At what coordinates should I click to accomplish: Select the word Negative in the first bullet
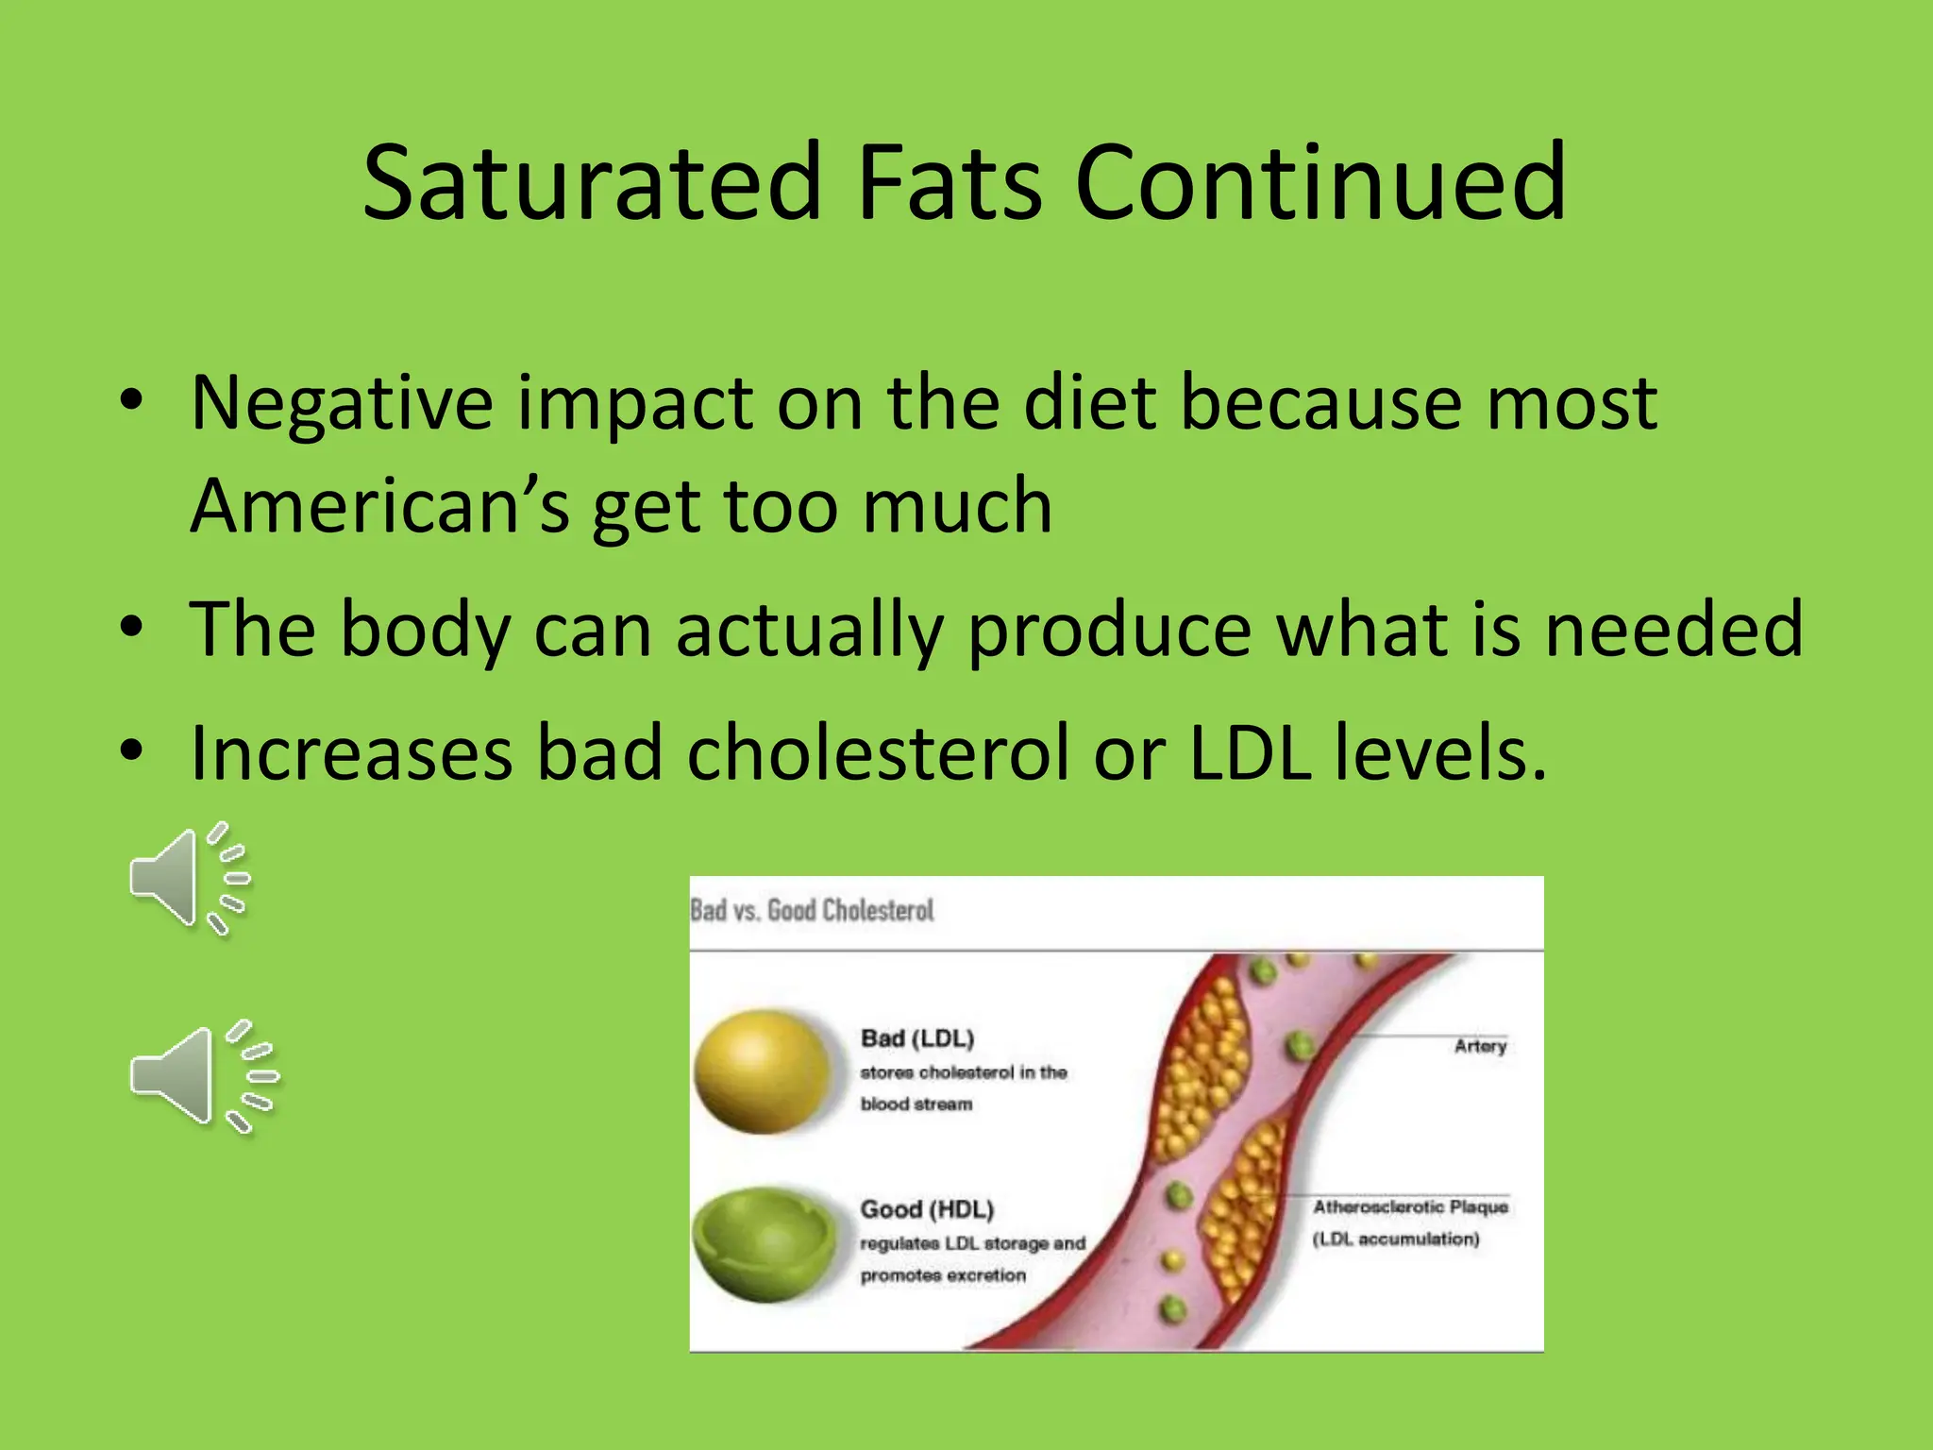click(x=342, y=404)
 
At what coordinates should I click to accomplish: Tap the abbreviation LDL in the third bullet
click(x=1249, y=753)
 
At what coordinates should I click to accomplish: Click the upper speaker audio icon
click(x=188, y=878)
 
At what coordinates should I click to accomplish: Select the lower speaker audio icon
click(x=202, y=1076)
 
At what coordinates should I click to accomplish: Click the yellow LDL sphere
click(x=763, y=1071)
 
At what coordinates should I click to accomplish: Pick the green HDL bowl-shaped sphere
click(x=765, y=1243)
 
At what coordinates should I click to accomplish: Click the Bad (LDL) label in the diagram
click(x=916, y=1038)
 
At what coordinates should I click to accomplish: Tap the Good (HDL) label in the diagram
click(x=926, y=1209)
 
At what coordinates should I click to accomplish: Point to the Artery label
click(x=1479, y=1046)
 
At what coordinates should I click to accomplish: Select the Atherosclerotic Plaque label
click(x=1409, y=1206)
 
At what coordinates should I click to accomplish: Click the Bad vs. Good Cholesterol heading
click(x=812, y=911)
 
